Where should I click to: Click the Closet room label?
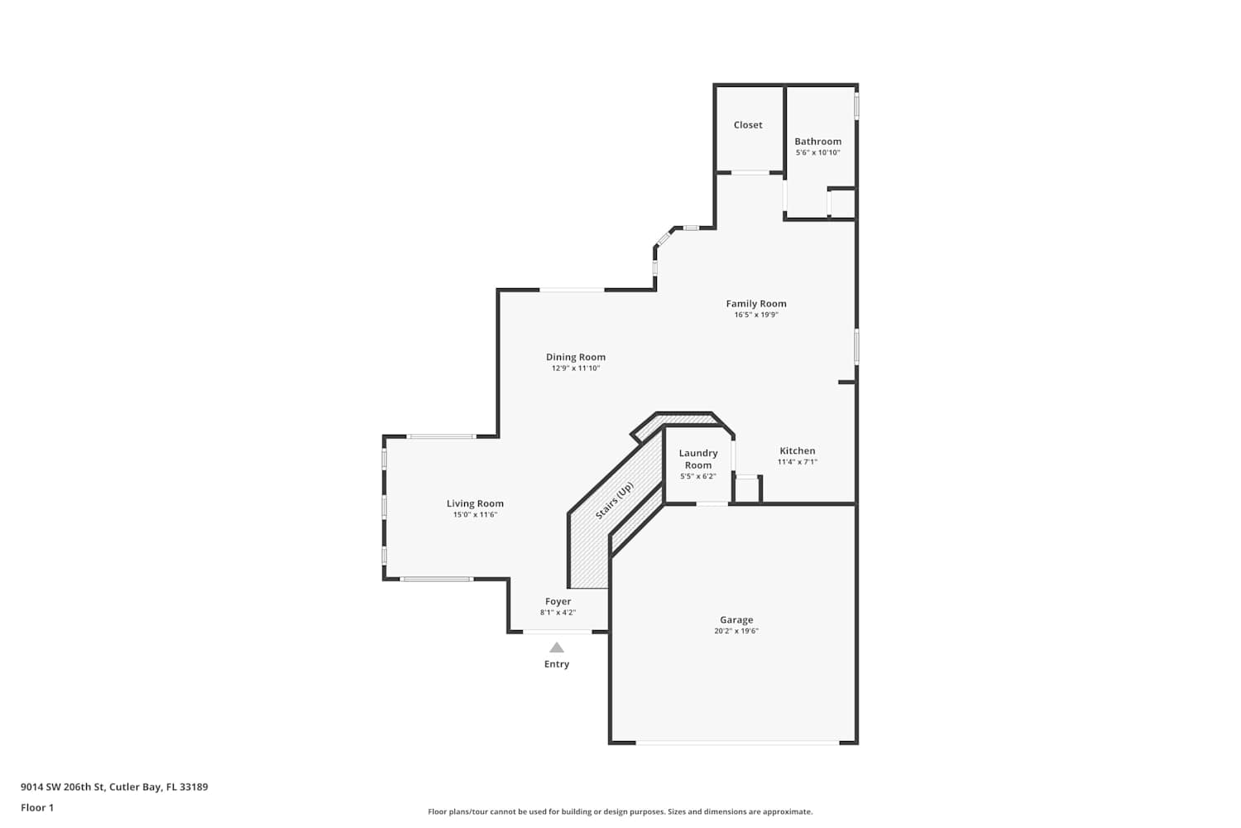tap(748, 125)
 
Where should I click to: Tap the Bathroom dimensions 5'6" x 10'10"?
tap(817, 152)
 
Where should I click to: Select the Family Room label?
tap(756, 303)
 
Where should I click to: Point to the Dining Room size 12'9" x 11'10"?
tap(576, 368)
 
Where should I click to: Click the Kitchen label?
tap(798, 451)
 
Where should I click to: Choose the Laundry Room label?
tap(698, 460)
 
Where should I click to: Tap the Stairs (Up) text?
tap(614, 501)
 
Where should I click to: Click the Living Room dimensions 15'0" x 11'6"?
tap(476, 515)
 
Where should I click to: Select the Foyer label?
tap(558, 601)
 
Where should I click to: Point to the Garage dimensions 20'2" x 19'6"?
tap(736, 631)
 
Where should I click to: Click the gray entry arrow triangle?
tap(557, 647)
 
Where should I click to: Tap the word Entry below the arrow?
tap(557, 664)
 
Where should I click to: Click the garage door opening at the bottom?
tap(737, 742)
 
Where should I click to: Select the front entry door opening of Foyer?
tap(558, 632)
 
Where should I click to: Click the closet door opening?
tap(750, 172)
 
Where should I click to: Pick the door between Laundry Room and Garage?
tap(712, 503)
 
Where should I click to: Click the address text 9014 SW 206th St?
tap(63, 787)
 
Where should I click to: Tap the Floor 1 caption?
tap(37, 807)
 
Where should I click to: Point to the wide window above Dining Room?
tap(572, 290)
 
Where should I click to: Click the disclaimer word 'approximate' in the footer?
tap(788, 811)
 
